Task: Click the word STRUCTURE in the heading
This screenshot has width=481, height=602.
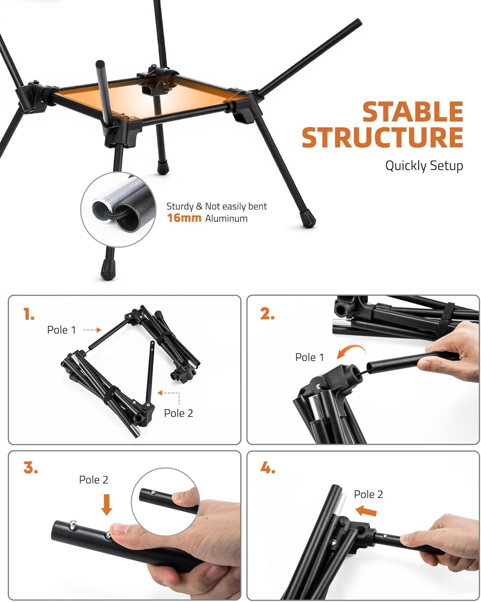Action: point(382,137)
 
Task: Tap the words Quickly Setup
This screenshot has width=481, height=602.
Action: point(424,166)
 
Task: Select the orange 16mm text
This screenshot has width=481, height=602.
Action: point(184,218)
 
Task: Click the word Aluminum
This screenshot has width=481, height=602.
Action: point(226,219)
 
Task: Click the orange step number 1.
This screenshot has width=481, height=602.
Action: point(29,314)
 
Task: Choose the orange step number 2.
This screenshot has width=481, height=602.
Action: point(267,314)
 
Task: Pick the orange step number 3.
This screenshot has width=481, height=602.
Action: point(31,468)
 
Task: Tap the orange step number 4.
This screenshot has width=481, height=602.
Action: point(268,468)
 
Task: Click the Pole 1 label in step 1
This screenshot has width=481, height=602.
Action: point(61,330)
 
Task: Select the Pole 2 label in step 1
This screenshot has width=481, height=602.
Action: point(178,413)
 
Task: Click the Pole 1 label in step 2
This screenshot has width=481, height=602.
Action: point(309,357)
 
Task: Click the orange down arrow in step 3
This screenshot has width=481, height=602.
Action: point(106,504)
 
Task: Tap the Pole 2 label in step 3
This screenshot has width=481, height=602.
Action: point(94,480)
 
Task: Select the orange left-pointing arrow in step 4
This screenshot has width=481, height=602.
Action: point(366,510)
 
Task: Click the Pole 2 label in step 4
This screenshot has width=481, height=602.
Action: point(368,494)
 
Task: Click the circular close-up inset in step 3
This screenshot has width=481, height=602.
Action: point(166,502)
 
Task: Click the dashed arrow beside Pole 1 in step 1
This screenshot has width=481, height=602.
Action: point(92,330)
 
